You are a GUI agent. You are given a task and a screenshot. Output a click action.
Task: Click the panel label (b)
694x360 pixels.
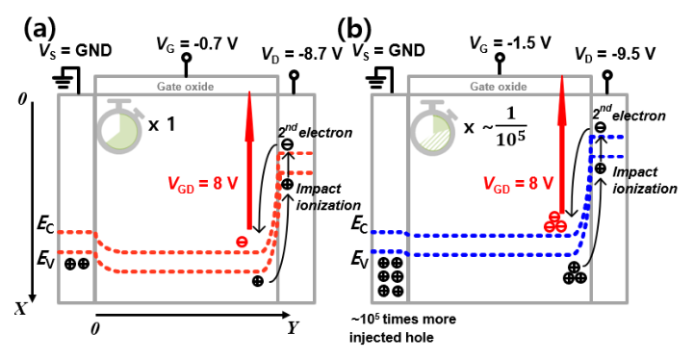click(354, 31)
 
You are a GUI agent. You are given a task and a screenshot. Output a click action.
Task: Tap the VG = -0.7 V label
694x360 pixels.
click(197, 44)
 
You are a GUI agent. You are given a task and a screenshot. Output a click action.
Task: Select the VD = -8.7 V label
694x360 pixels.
click(302, 54)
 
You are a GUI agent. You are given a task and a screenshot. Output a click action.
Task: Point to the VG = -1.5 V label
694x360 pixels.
click(510, 43)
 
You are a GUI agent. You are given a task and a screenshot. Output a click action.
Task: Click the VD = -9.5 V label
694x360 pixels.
click(615, 54)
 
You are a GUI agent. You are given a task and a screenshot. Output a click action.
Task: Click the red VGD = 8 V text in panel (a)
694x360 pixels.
click(203, 183)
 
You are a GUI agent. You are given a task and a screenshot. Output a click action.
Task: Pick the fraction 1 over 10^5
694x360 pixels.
click(510, 127)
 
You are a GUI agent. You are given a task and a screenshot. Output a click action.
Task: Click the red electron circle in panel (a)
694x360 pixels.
click(242, 242)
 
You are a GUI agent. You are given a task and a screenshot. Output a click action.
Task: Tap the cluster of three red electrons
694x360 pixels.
click(555, 221)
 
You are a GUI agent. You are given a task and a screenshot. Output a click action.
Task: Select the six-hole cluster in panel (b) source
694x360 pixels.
click(391, 277)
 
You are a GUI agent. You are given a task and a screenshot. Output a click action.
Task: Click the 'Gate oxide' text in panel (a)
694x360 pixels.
click(186, 87)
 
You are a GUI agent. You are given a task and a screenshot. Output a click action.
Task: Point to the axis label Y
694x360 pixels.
click(292, 328)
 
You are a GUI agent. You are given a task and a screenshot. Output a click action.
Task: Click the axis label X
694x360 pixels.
click(21, 309)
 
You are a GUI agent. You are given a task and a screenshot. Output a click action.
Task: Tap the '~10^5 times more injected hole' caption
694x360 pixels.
click(402, 327)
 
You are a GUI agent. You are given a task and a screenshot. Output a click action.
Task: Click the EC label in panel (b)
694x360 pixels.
click(359, 224)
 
